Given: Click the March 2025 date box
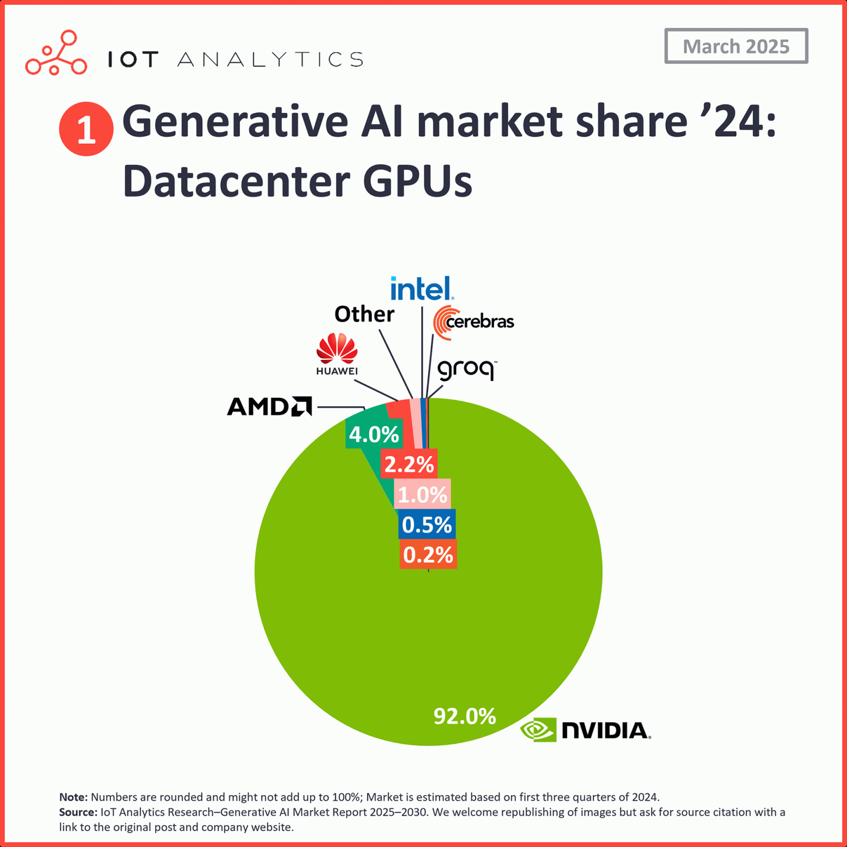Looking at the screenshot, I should click(736, 46).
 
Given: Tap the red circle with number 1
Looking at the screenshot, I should click(86, 129).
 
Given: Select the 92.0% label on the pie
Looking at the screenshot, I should click(464, 716).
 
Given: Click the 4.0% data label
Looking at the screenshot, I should click(374, 434).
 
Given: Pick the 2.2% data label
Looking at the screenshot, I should click(409, 464).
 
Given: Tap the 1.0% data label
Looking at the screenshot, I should click(422, 494).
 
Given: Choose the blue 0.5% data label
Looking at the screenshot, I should click(427, 524).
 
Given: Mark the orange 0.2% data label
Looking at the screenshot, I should click(428, 554).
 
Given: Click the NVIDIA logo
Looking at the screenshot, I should click(585, 730).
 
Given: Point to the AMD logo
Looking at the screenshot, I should click(269, 406).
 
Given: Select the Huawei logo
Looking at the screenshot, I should click(337, 354).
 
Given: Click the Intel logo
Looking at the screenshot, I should click(422, 288).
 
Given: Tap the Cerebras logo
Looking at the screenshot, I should click(473, 322).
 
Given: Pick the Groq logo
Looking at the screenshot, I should click(466, 370).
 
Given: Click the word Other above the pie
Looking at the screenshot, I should click(364, 314).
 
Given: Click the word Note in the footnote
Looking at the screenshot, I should click(73, 797).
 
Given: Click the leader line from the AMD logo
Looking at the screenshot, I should click(340, 406).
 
